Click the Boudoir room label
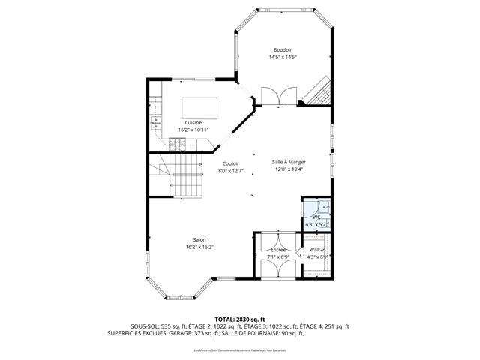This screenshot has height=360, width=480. pyautogui.click(x=283, y=50)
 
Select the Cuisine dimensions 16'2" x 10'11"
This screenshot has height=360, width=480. pyautogui.click(x=193, y=130)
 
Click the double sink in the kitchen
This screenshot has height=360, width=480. pyautogui.click(x=156, y=121)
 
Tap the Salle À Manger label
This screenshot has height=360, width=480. pyautogui.click(x=289, y=161)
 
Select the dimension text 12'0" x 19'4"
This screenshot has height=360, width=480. pyautogui.click(x=289, y=169)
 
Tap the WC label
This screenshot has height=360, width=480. pyautogui.click(x=316, y=218)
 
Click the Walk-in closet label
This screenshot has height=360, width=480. pyautogui.click(x=317, y=250)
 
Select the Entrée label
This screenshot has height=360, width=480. pyautogui.click(x=277, y=250)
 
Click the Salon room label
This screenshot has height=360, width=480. pyautogui.click(x=200, y=240)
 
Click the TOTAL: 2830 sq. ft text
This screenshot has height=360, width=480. pyautogui.click(x=240, y=319)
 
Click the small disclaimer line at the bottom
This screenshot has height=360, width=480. pyautogui.click(x=240, y=350)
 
